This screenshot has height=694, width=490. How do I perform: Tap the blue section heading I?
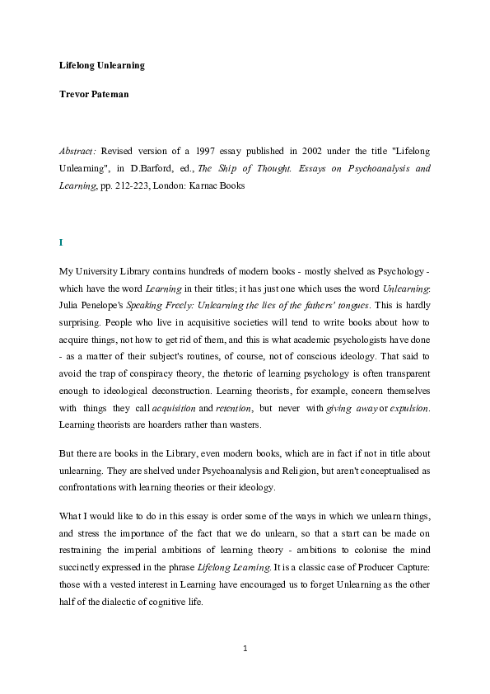tap(61, 242)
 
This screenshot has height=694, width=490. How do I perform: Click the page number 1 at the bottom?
tap(245, 649)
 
